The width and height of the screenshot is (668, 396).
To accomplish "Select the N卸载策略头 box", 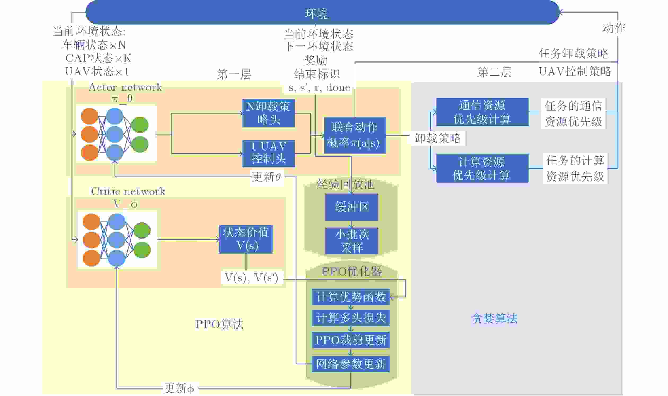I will click(268, 113).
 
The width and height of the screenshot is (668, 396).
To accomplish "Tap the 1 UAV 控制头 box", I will click(268, 153).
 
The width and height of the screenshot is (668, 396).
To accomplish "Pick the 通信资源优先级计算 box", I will click(482, 112).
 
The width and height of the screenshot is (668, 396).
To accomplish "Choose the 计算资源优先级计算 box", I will click(482, 168).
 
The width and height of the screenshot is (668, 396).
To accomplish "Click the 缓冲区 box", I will click(351, 207).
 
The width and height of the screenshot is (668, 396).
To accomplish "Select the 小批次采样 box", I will click(351, 241).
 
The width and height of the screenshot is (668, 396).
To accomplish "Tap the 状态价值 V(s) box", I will click(246, 239).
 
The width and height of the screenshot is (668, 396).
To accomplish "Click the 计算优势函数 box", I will click(350, 297).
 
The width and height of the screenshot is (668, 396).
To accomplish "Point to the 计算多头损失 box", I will click(350, 318).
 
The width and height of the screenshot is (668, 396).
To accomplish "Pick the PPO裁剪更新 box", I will click(350, 340).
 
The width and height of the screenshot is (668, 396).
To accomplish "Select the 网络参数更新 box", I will click(350, 364).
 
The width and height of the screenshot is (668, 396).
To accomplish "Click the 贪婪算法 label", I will click(495, 318).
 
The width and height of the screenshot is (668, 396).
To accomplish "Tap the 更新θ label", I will click(267, 177).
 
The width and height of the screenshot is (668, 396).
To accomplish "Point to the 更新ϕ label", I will click(179, 388).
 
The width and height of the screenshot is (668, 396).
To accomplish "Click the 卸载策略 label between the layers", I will click(437, 138).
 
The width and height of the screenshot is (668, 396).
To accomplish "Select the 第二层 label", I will click(494, 72).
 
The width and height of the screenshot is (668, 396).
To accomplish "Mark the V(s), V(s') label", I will click(251, 278).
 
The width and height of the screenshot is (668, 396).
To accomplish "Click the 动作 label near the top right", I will click(614, 28).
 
